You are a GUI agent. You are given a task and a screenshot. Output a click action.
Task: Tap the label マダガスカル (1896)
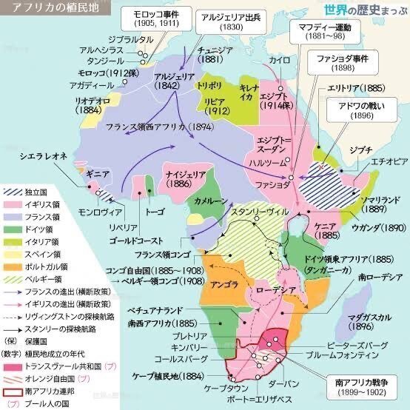point(367,317)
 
